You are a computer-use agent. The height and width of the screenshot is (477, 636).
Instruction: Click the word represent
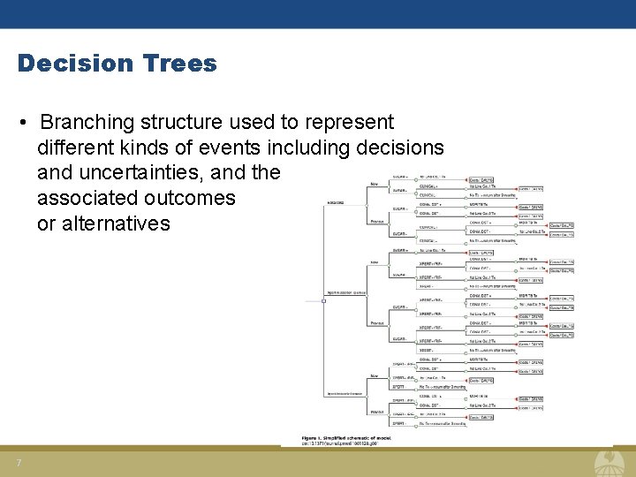point(341,122)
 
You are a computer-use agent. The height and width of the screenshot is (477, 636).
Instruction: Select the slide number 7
point(19,464)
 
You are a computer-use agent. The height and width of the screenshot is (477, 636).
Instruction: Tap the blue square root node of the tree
point(324,300)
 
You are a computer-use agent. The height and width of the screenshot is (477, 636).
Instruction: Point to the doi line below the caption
point(345,443)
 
